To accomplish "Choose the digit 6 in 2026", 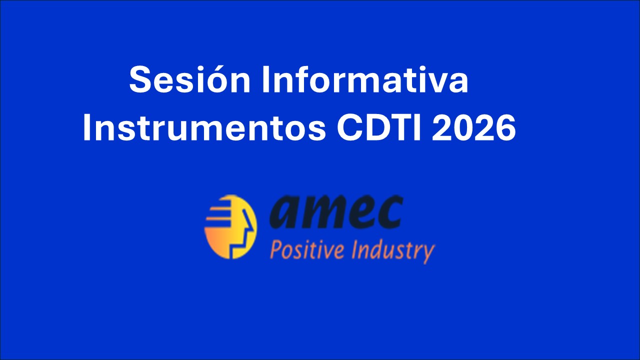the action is [x=505, y=127].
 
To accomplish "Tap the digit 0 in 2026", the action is [x=463, y=127].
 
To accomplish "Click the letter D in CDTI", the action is [x=377, y=127].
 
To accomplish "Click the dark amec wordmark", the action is [x=336, y=211].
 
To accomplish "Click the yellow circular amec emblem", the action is [x=230, y=227].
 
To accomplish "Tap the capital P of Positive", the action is [x=275, y=250].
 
